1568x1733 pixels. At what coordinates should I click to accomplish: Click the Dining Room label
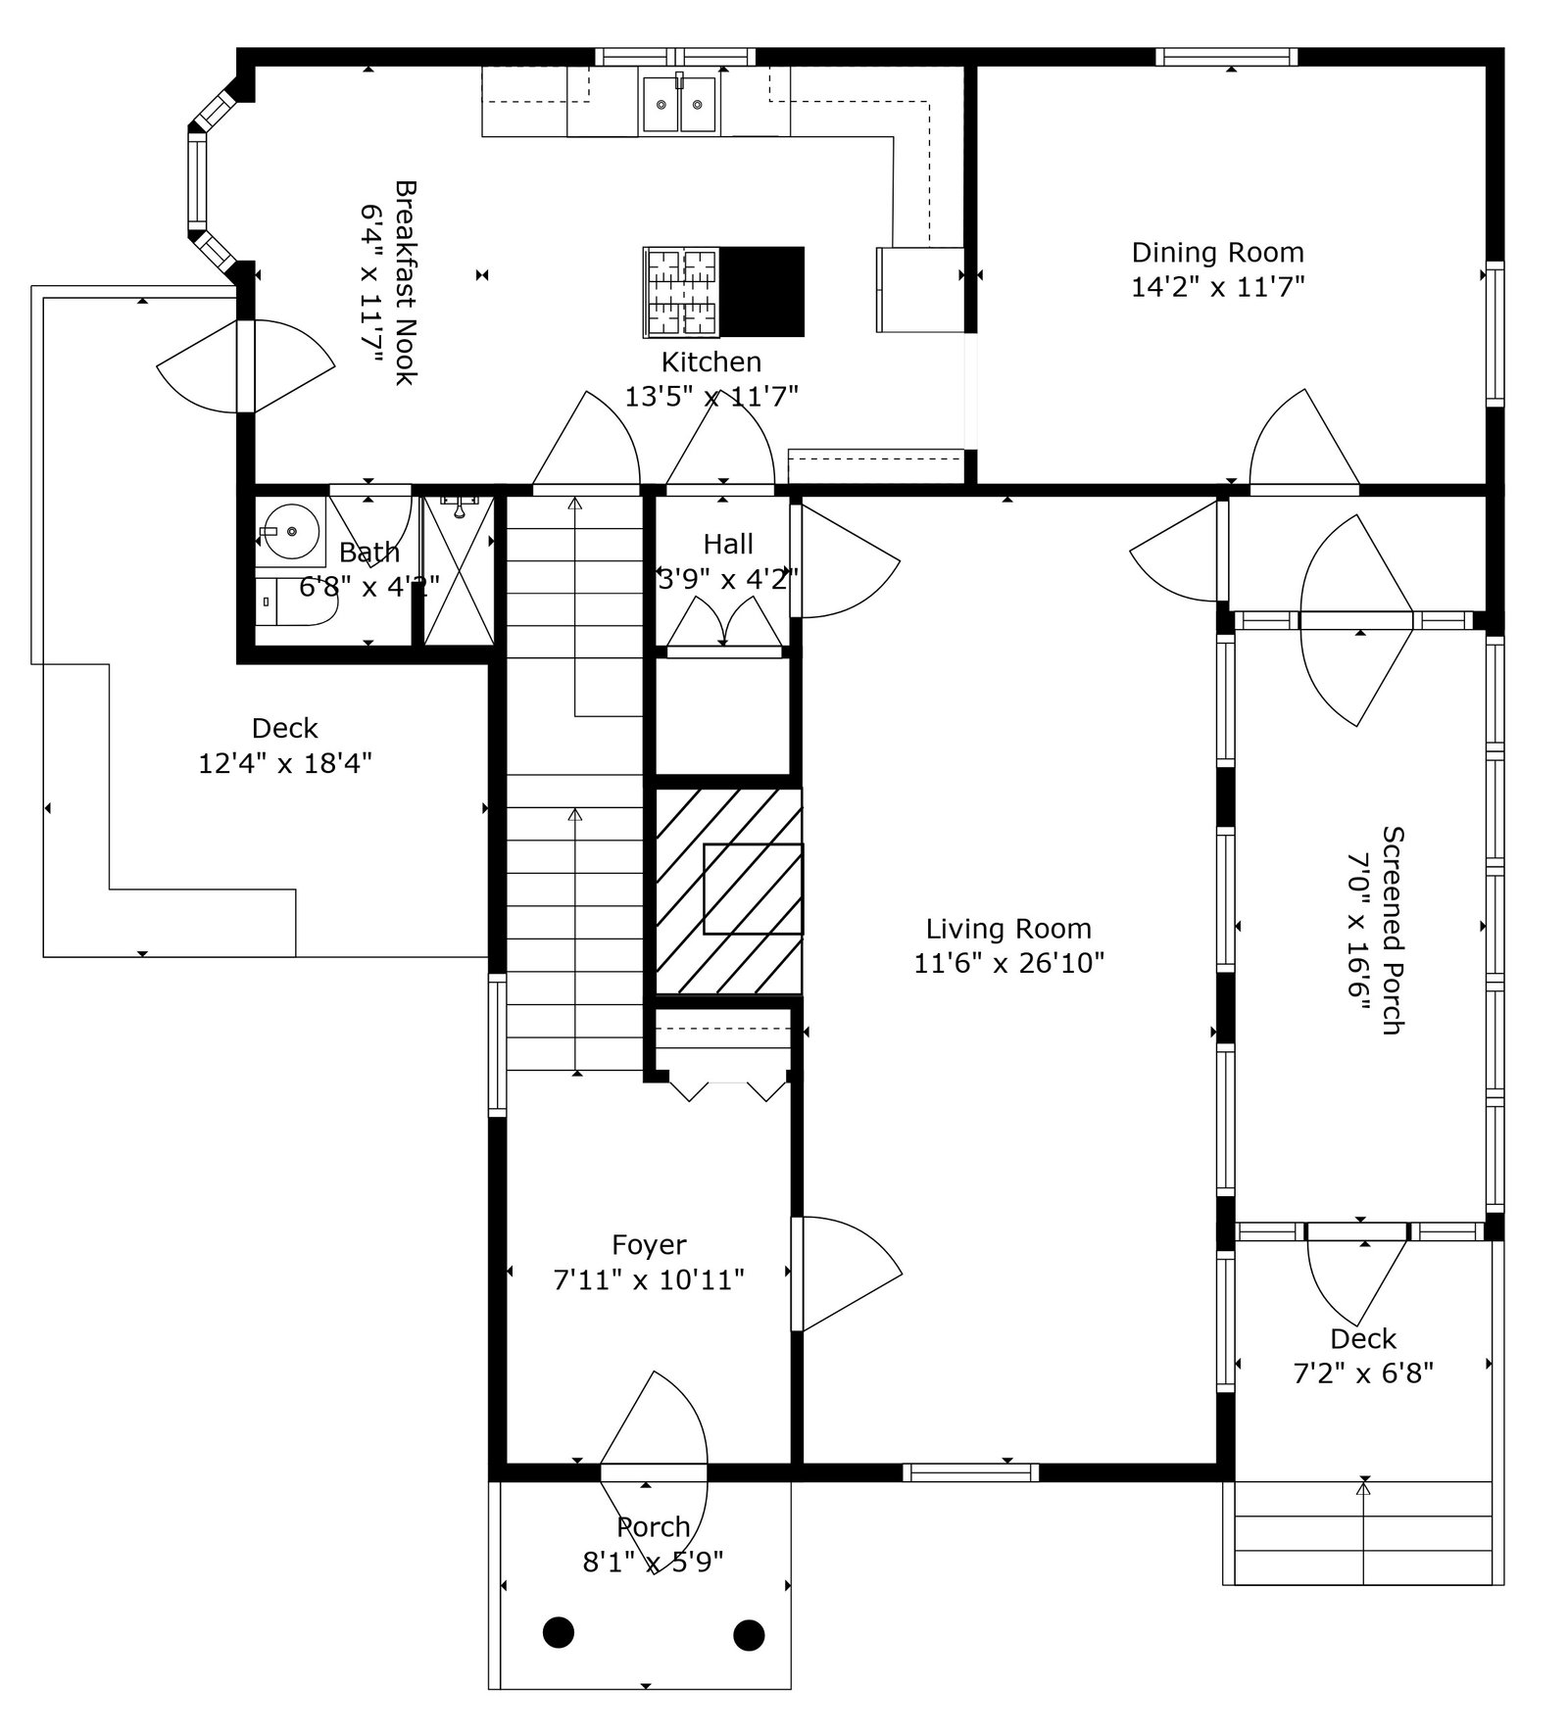[1217, 253]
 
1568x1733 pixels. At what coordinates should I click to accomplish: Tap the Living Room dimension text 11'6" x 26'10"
[1008, 964]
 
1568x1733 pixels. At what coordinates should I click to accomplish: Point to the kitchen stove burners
[680, 291]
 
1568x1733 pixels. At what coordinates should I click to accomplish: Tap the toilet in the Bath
[298, 602]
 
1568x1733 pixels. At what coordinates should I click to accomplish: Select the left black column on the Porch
[559, 1632]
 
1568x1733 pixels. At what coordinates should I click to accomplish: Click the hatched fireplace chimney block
[728, 891]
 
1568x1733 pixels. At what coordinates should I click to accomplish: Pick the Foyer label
[649, 1245]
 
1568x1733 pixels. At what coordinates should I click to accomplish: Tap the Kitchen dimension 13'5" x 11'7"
[711, 397]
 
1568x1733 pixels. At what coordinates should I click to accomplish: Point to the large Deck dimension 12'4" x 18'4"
[285, 763]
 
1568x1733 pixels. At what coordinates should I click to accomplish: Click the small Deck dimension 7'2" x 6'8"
[1363, 1373]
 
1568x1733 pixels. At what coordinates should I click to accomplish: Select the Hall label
[728, 544]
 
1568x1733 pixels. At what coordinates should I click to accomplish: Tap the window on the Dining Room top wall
[1225, 57]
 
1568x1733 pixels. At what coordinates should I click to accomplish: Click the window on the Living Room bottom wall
[970, 1471]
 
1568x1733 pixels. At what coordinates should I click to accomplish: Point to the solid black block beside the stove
[761, 291]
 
